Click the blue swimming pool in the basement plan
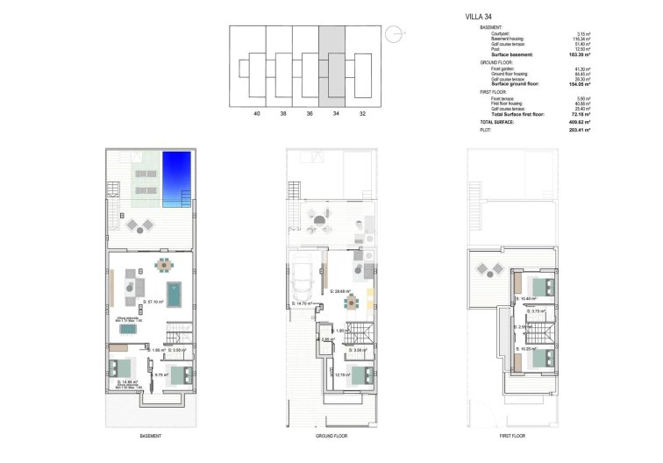click(x=176, y=178)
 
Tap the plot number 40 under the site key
click(x=256, y=114)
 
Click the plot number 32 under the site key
click(x=362, y=114)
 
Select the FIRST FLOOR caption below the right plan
click(x=512, y=436)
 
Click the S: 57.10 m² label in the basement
click(x=153, y=302)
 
